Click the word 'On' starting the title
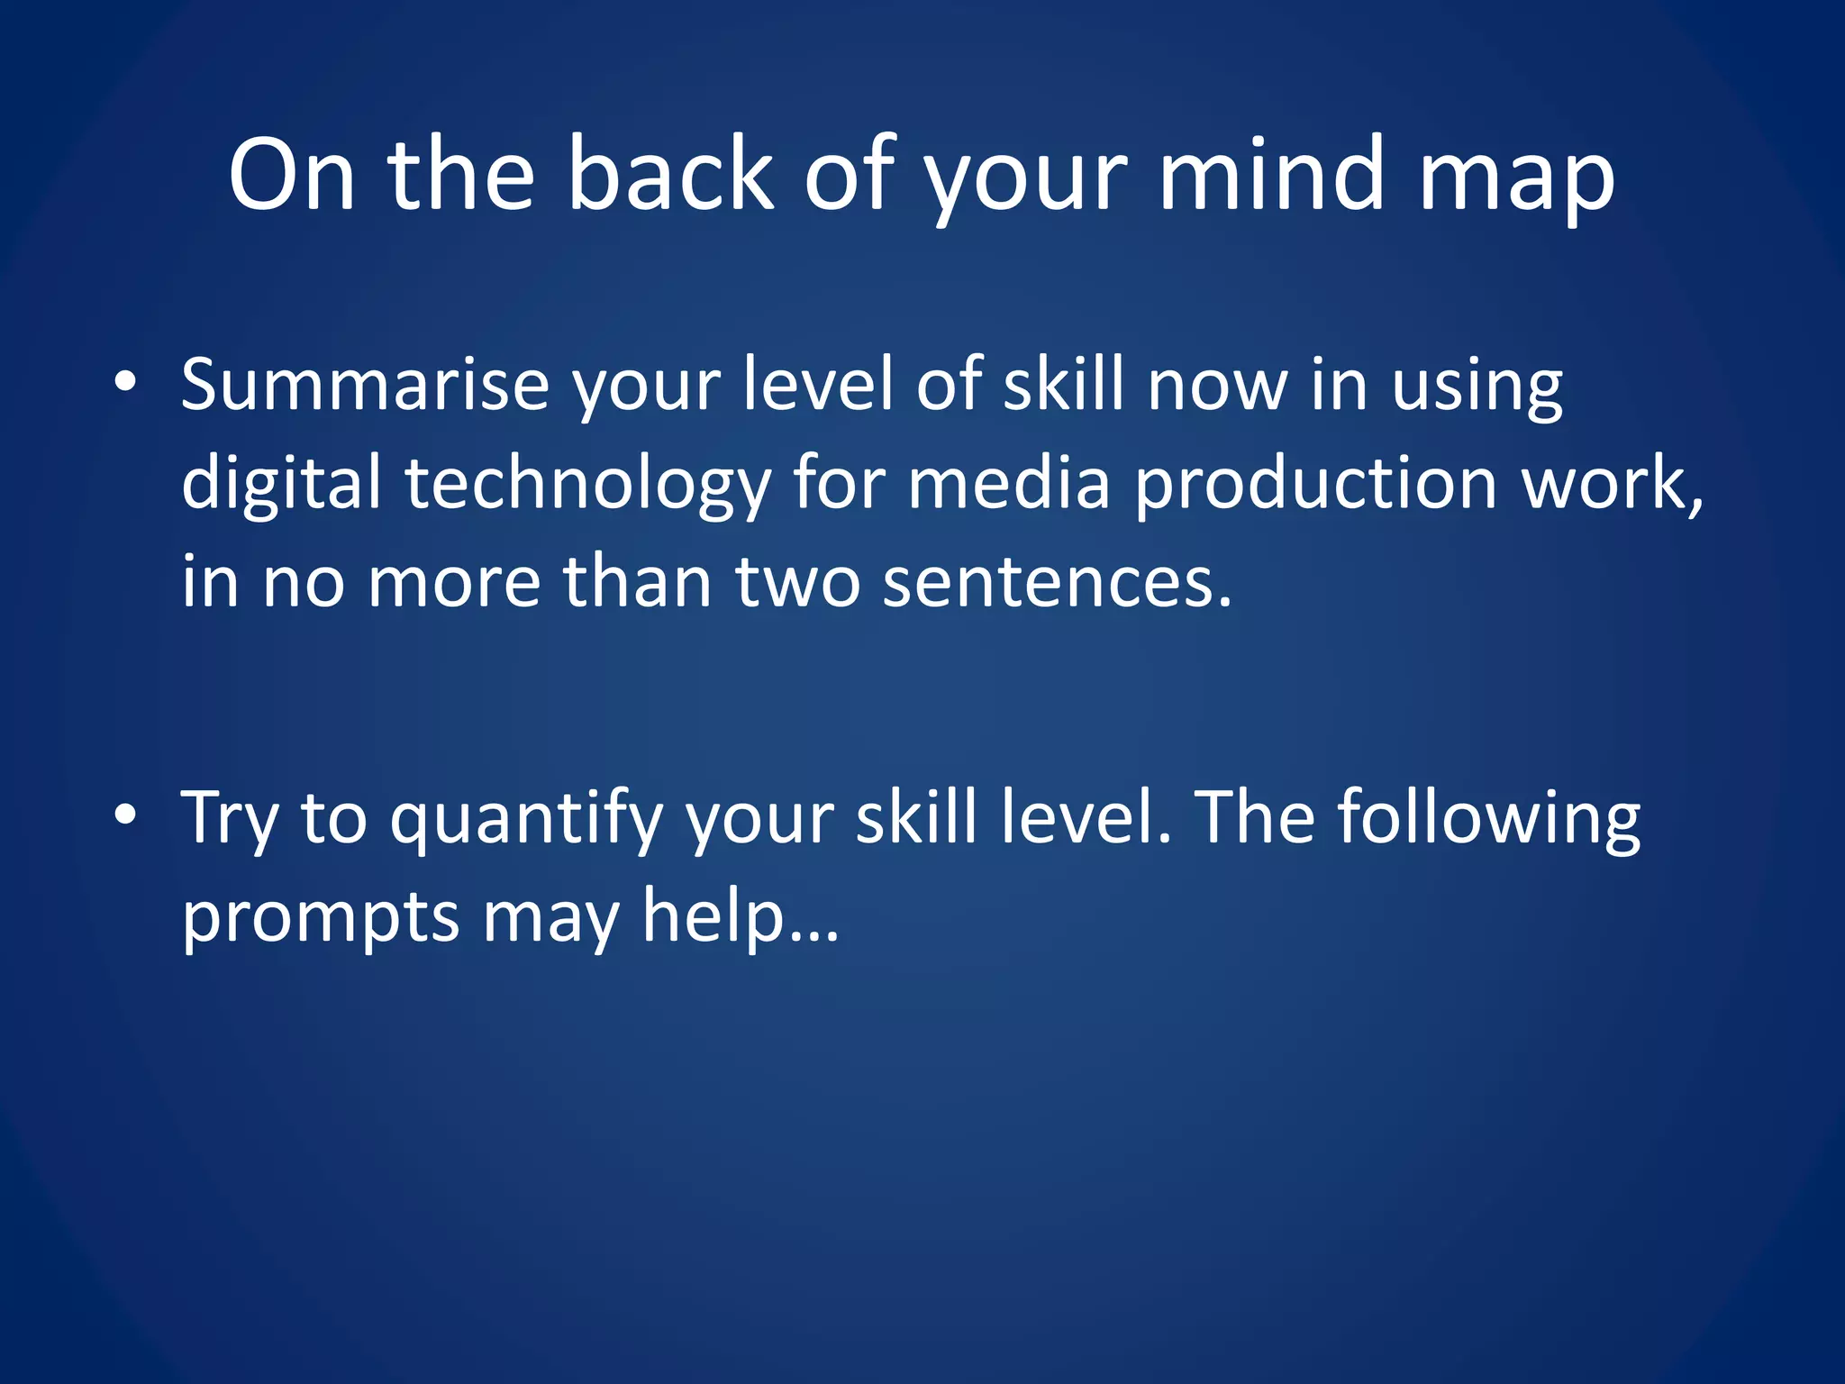point(291,175)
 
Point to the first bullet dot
point(125,382)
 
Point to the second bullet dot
point(125,815)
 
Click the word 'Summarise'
point(365,386)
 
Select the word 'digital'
point(281,485)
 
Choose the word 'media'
point(1008,483)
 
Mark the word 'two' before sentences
point(797,584)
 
